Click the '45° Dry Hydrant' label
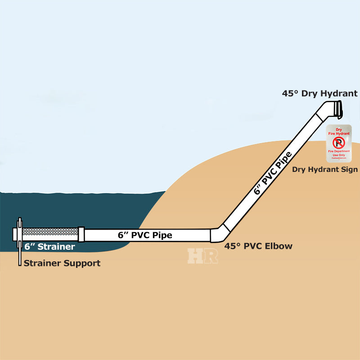[319, 94]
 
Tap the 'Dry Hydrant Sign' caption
[325, 170]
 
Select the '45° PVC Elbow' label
[258, 246]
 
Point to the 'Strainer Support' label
[62, 263]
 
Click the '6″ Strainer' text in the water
[49, 247]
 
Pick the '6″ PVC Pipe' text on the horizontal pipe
[145, 235]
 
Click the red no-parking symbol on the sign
[338, 143]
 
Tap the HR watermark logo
[203, 255]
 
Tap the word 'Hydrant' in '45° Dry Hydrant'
[339, 94]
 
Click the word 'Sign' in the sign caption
[349, 170]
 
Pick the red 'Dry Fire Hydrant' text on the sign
[339, 131]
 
